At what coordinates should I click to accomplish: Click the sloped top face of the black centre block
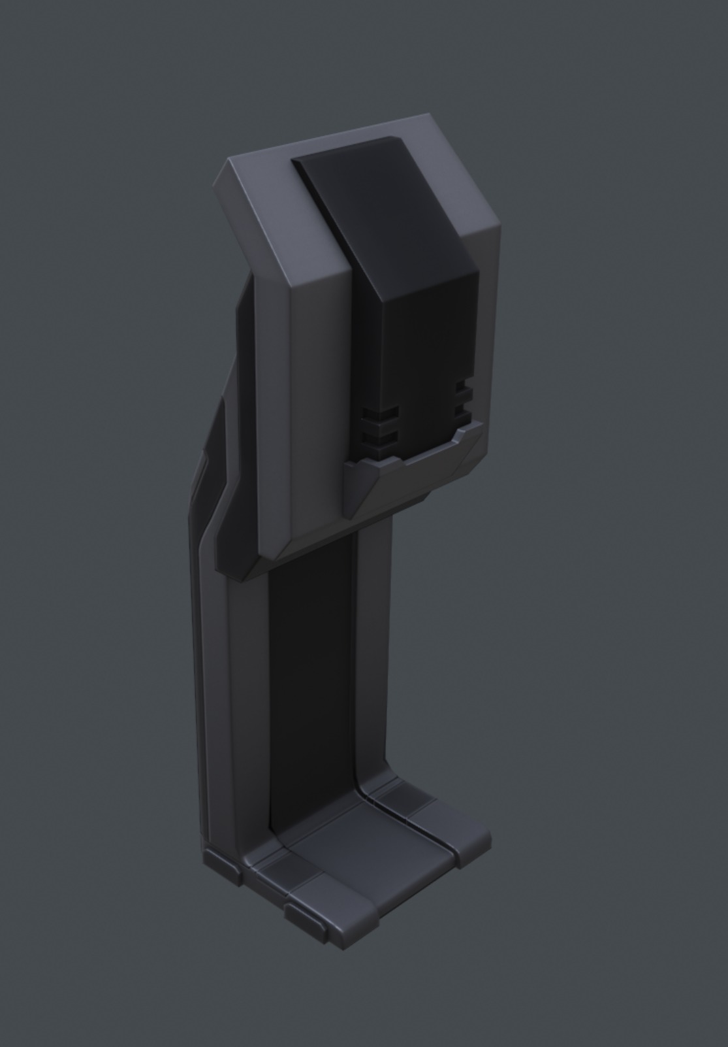point(385,209)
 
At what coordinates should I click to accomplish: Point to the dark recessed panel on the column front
point(313,686)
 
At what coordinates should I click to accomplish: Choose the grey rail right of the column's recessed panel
point(373,654)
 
